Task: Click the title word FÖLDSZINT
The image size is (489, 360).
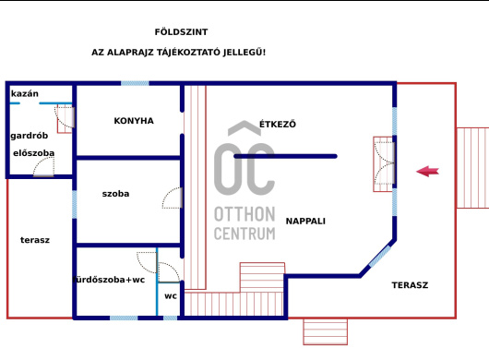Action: click(x=181, y=32)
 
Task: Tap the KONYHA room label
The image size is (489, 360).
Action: click(x=134, y=121)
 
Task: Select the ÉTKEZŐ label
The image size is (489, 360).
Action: click(x=278, y=125)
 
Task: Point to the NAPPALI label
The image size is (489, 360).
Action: click(x=305, y=222)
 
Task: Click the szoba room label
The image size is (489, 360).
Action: click(x=115, y=194)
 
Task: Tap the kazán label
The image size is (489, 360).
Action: click(x=25, y=93)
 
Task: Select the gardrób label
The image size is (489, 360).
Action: click(x=30, y=136)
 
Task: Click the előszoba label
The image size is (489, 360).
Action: click(x=34, y=153)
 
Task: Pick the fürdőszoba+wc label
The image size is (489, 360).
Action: click(x=109, y=280)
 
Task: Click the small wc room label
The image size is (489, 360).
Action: click(x=171, y=296)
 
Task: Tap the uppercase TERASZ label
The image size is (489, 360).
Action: click(x=410, y=285)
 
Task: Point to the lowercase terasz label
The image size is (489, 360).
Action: click(x=35, y=240)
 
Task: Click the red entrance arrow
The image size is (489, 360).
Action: click(x=427, y=172)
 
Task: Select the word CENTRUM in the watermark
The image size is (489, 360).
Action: click(x=244, y=234)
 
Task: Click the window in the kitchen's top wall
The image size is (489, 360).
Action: click(x=135, y=83)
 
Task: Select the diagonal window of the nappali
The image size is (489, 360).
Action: click(x=379, y=256)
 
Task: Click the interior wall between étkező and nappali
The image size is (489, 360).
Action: click(x=286, y=156)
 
